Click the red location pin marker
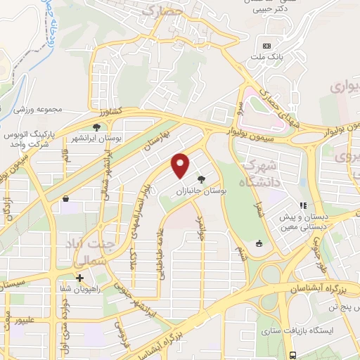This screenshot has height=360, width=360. [181, 165]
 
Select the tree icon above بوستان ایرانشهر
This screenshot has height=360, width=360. [96, 127]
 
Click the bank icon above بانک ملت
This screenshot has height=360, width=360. [266, 45]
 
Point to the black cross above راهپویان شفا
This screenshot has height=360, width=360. [79, 277]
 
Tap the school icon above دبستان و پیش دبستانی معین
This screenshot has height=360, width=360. [302, 206]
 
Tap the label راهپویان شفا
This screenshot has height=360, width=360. [80, 288]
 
